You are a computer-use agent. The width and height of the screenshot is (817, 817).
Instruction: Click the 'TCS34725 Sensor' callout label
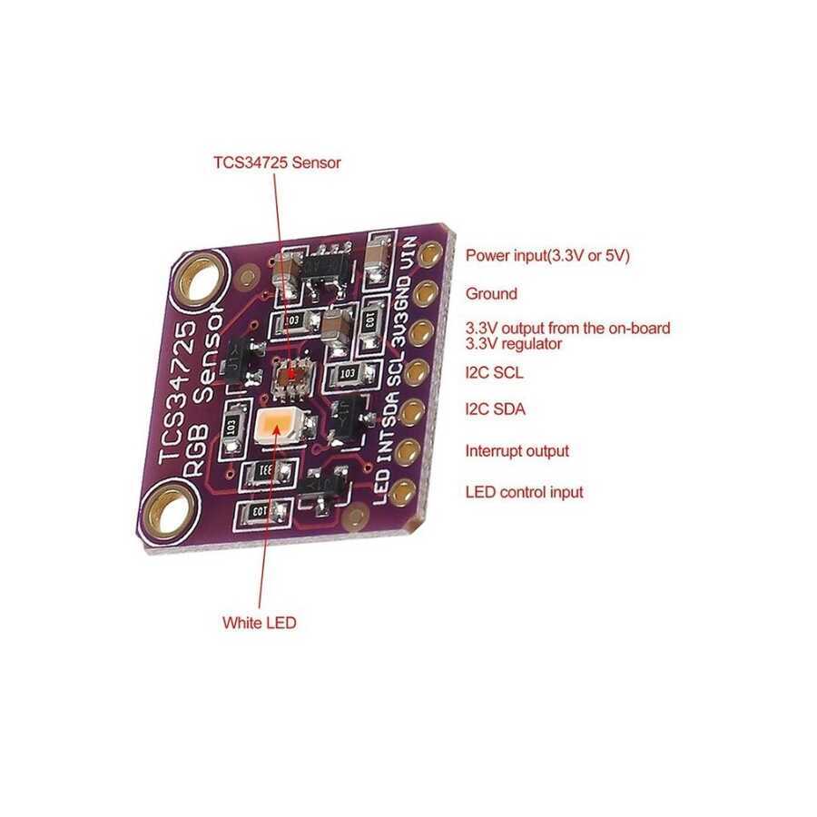277,163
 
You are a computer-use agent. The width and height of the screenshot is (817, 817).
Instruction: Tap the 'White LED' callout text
259,624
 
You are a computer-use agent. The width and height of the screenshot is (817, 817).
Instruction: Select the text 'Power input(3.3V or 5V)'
547,256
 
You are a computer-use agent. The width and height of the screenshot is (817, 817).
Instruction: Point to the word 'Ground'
491,294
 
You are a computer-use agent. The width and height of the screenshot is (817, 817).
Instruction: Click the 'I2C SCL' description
494,372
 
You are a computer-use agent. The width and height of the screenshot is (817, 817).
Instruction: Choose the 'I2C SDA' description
495,409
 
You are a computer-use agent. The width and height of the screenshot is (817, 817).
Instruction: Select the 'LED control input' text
524,493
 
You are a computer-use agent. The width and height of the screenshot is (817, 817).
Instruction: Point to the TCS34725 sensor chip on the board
290,375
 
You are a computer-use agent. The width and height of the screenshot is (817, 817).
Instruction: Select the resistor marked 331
266,471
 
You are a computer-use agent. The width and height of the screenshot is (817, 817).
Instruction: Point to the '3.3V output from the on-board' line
567,328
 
